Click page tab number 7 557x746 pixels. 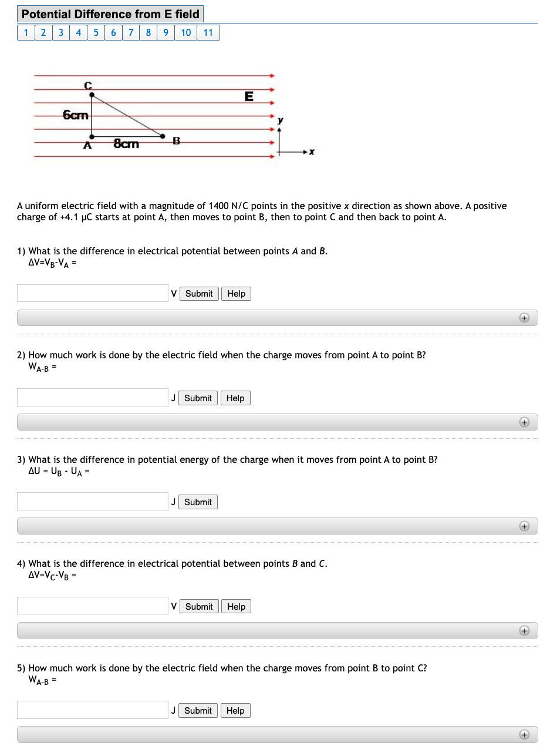click(x=131, y=32)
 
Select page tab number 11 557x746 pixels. click(x=208, y=32)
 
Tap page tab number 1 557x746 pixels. click(x=26, y=32)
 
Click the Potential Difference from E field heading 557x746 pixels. click(x=111, y=14)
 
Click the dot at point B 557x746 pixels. click(x=165, y=137)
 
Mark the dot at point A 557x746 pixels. click(x=89, y=137)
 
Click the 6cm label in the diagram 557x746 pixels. click(x=76, y=115)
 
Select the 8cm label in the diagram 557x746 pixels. click(x=126, y=144)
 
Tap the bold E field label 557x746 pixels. click(x=249, y=97)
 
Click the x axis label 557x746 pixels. click(x=312, y=152)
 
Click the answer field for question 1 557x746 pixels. click(x=93, y=294)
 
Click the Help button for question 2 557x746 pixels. click(x=235, y=398)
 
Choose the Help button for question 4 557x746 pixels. click(x=236, y=606)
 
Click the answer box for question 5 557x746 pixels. click(x=93, y=710)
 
